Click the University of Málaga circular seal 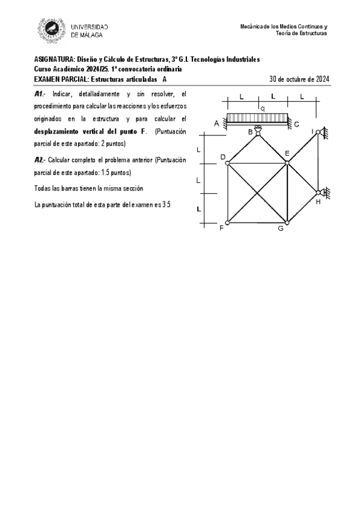52,30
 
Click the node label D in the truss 222,157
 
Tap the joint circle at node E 287,162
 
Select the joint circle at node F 227,223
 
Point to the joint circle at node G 287,223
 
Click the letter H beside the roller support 318,201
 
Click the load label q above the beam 263,108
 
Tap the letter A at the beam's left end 216,123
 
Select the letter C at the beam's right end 296,124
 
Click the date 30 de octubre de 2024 299,79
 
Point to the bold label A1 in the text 39,94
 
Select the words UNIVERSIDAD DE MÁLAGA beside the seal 90,31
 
